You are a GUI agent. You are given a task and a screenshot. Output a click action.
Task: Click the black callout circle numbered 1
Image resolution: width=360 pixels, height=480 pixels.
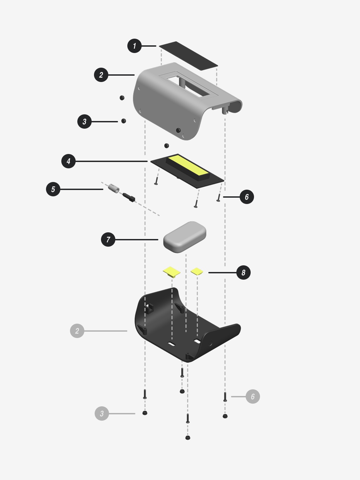(134, 46)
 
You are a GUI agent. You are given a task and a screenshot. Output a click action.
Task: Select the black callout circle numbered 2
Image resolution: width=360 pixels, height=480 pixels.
(101, 75)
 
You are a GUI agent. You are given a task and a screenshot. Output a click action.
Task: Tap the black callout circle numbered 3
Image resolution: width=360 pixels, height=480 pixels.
(84, 122)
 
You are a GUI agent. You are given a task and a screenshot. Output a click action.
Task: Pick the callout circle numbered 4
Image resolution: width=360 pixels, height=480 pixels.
(68, 161)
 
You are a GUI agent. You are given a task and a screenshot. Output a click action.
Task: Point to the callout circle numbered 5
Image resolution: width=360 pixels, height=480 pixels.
(53, 189)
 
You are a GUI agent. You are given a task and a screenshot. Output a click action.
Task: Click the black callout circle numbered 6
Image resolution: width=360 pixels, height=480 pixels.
(247, 197)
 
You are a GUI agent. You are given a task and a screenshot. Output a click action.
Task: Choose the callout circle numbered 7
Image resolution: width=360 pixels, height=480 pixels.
(108, 240)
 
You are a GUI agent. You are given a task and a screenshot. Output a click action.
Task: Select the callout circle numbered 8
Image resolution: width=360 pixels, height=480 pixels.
(243, 273)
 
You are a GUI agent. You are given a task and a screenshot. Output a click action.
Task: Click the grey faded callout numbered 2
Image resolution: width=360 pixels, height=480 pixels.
(77, 331)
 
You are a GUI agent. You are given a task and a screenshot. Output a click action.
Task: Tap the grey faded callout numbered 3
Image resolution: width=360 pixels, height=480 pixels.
(102, 414)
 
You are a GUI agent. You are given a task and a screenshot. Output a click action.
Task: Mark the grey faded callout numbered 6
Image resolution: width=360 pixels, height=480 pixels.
(253, 396)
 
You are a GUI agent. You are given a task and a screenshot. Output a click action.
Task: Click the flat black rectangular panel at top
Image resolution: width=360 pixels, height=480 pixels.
(188, 56)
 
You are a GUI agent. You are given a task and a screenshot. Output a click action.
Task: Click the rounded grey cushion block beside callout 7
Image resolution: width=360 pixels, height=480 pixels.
(185, 237)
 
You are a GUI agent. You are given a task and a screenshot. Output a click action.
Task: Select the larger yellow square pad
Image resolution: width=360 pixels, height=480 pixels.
(172, 272)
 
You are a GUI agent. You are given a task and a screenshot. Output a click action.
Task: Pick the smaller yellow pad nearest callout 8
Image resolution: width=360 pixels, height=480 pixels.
(197, 271)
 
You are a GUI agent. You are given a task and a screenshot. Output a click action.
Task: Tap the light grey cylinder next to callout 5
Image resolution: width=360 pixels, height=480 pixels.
(114, 189)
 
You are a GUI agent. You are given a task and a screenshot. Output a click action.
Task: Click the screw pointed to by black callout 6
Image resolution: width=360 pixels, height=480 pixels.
(218, 197)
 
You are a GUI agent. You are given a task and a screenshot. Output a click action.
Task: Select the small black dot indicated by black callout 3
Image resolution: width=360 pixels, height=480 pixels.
(123, 121)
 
